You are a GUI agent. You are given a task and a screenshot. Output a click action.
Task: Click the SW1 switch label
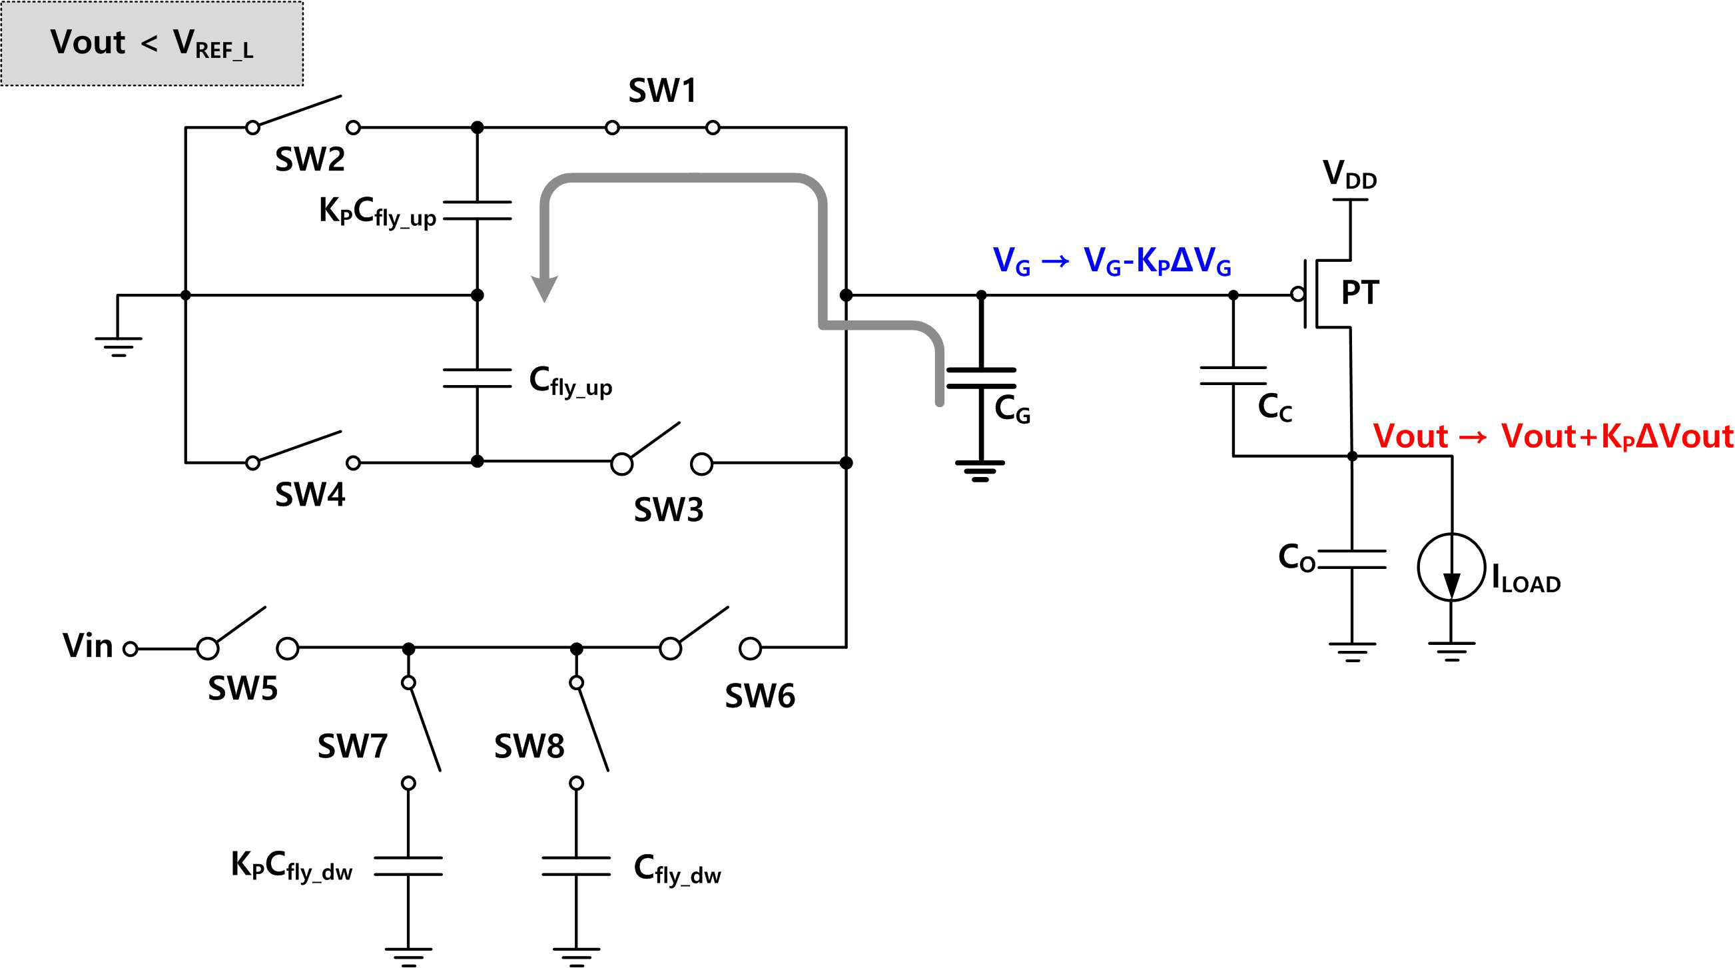662,90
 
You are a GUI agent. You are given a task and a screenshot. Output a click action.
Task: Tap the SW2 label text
310,160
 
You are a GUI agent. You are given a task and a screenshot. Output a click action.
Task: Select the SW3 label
668,510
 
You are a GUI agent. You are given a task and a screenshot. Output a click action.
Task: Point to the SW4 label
310,494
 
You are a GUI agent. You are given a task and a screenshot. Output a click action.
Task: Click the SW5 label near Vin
242,688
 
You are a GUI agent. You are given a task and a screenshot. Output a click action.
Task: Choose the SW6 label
760,696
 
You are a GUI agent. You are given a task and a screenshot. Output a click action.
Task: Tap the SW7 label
352,746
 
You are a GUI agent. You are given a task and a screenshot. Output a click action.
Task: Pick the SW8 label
529,746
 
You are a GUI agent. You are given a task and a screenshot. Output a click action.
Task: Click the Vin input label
87,646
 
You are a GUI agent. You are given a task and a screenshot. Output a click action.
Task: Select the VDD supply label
1350,175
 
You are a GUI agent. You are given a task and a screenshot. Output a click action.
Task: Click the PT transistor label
1361,292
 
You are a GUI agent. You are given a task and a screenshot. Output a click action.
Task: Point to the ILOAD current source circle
1451,566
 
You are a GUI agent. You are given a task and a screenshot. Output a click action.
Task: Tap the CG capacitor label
1012,409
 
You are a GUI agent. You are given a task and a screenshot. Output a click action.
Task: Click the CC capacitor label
1275,408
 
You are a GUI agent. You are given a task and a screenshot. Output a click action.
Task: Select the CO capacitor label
1297,558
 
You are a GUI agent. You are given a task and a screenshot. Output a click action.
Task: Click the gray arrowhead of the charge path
544,288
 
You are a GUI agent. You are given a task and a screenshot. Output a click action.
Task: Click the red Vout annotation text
1553,436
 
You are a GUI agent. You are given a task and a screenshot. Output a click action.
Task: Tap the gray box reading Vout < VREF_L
153,43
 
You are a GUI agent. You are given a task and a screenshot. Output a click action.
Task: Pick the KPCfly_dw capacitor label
292,865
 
